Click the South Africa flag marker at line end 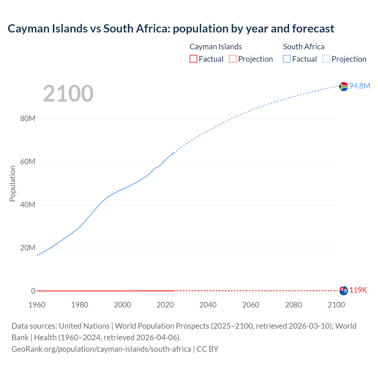343,87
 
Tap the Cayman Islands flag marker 343,291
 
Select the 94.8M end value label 360,86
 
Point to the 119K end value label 358,290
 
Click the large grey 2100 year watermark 68,94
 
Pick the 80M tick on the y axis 28,119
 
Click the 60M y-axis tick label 28,162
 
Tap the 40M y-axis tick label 28,205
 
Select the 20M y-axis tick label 28,248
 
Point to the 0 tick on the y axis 33,291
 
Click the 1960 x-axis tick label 37,305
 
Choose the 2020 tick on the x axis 165,305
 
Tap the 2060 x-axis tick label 251,305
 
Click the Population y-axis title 12,183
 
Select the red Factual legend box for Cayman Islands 193,59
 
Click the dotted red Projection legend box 233,59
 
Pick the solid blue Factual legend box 287,59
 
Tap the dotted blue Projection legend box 326,59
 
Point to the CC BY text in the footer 207,349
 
